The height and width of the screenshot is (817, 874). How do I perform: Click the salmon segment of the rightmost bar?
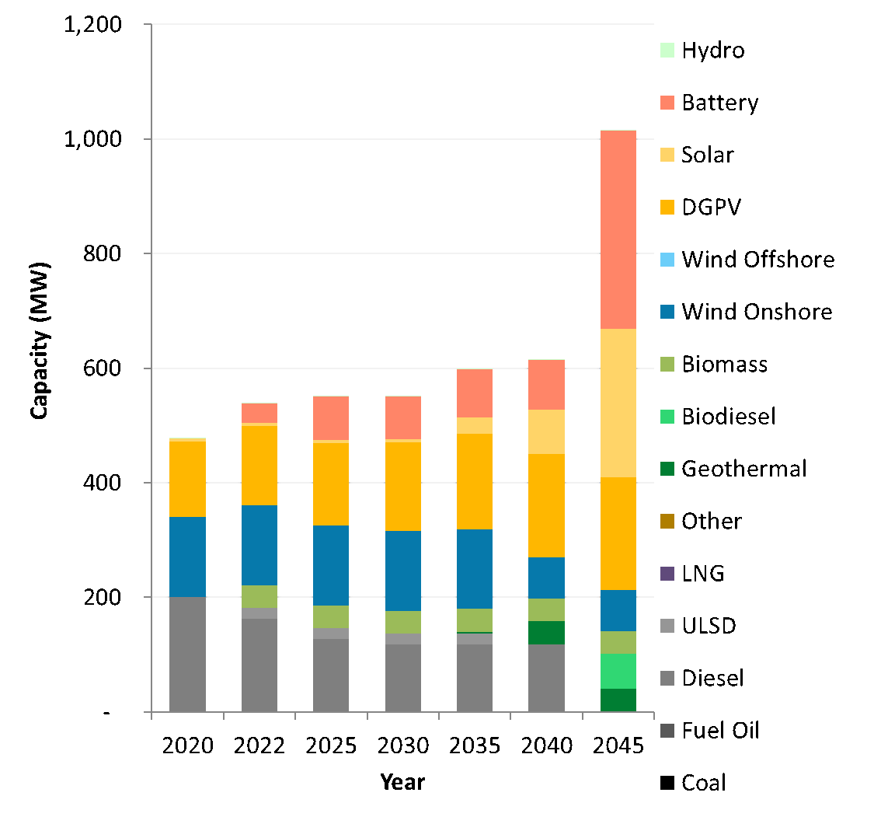coord(618,229)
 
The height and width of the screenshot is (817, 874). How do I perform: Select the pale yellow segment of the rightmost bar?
coord(618,403)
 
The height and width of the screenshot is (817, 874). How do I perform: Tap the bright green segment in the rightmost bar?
coord(618,671)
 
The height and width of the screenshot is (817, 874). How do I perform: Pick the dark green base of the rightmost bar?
coord(618,700)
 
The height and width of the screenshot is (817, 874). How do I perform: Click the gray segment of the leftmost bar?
coord(187,654)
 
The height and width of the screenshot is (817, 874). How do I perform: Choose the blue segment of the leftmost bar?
coord(187,557)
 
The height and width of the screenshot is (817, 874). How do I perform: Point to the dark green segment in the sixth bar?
coord(546,632)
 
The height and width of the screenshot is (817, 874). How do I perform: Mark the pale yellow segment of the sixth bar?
coord(546,431)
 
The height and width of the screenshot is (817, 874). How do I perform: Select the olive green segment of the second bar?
coord(259,596)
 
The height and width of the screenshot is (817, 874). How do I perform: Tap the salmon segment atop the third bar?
coord(330,417)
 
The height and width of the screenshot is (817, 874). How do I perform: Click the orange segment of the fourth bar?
coord(402,486)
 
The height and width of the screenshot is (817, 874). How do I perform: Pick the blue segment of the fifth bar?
coord(474,568)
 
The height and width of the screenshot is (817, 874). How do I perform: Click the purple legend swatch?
coord(667,574)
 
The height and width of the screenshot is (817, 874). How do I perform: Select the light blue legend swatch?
coord(667,260)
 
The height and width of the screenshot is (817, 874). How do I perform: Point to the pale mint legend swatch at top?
coord(667,51)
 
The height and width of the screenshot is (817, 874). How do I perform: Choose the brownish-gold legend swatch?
coord(667,521)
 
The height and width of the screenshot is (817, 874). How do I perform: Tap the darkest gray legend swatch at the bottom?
coord(667,731)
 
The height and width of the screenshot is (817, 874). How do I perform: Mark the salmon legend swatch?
coord(667,103)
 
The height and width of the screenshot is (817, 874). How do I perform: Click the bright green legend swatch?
coord(667,417)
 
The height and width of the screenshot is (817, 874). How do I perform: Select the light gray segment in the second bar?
coord(259,613)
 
